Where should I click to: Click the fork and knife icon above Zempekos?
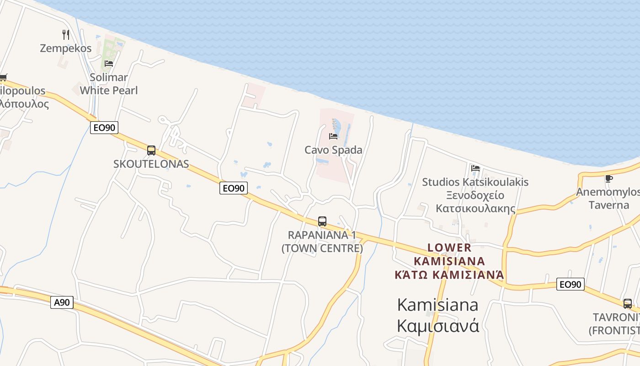pyautogui.click(x=66, y=34)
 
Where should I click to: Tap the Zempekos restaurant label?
pyautogui.click(x=66, y=48)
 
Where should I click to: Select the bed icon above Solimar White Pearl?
pyautogui.click(x=108, y=63)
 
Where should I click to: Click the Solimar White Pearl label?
pyautogui.click(x=109, y=84)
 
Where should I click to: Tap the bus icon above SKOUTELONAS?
pyautogui.click(x=151, y=150)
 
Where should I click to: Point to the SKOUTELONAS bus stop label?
pyautogui.click(x=151, y=164)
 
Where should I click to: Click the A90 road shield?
pyautogui.click(x=62, y=302)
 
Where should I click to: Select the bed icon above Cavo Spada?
pyautogui.click(x=333, y=136)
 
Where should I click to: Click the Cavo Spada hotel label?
pyautogui.click(x=333, y=150)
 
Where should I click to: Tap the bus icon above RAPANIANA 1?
pyautogui.click(x=322, y=221)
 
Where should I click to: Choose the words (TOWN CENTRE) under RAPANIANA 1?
pyautogui.click(x=322, y=248)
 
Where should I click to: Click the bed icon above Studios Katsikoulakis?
pyautogui.click(x=475, y=168)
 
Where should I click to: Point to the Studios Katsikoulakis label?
pyautogui.click(x=475, y=182)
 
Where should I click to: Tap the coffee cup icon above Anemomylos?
pyautogui.click(x=608, y=178)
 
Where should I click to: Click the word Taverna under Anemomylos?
pyautogui.click(x=609, y=205)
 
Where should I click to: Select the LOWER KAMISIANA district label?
pyautogui.click(x=449, y=254)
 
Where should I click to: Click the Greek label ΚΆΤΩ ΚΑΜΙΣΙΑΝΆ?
pyautogui.click(x=449, y=274)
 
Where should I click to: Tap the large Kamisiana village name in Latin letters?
pyautogui.click(x=438, y=304)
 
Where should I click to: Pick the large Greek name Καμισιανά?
pyautogui.click(x=438, y=326)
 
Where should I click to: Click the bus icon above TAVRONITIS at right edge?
pyautogui.click(x=628, y=303)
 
